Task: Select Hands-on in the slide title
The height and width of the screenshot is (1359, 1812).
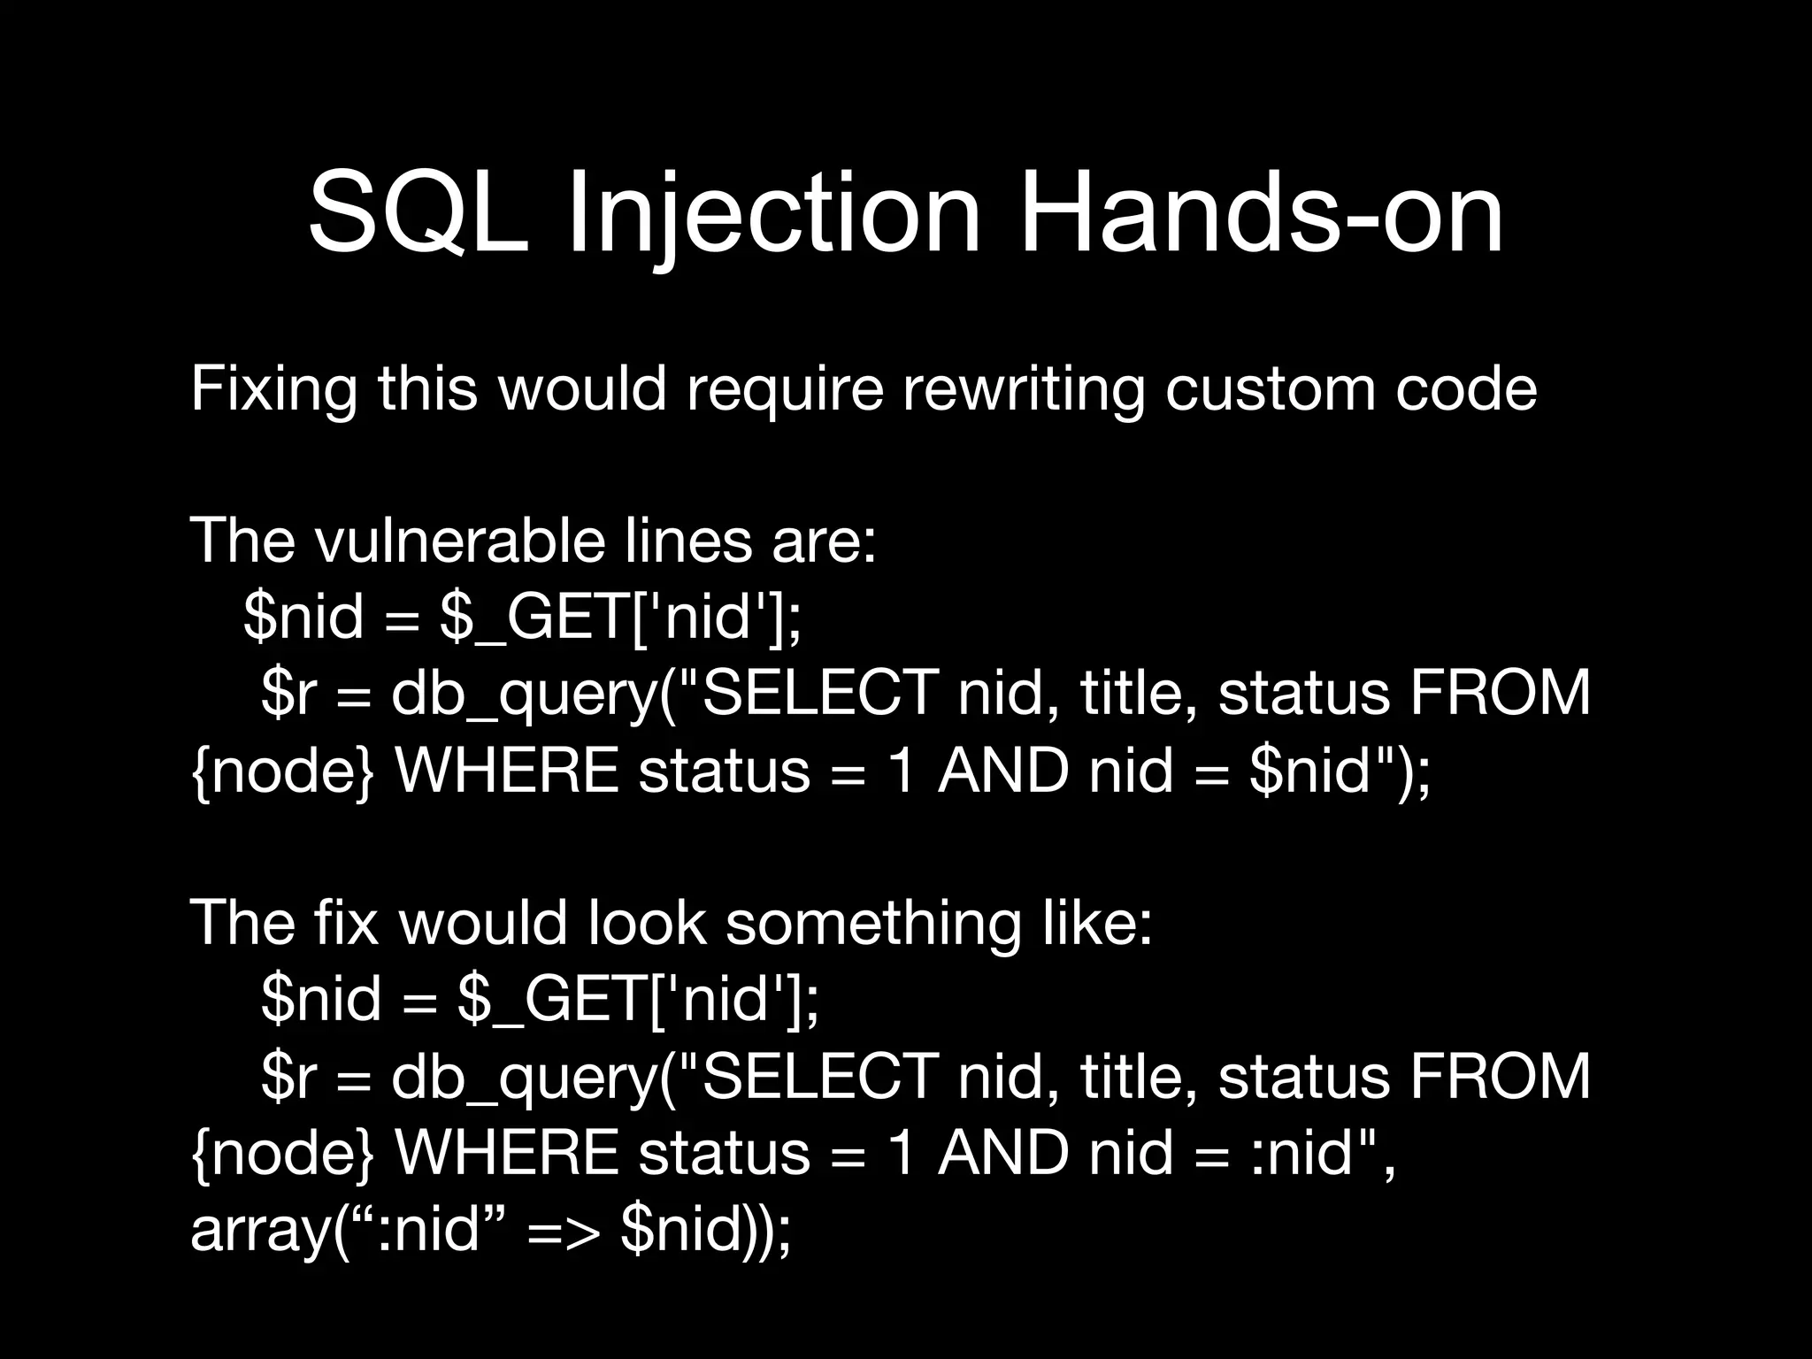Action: tap(1261, 215)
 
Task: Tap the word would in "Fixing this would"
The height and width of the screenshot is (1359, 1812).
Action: tap(582, 389)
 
